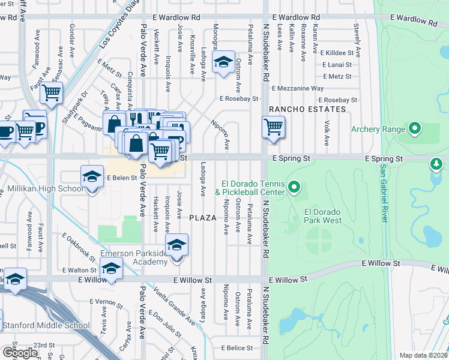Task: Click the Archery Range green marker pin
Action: (414, 128)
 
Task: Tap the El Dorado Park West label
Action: (322, 216)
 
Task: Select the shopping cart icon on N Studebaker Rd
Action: (273, 127)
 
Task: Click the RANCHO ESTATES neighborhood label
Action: (307, 109)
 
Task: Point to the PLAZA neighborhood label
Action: (203, 217)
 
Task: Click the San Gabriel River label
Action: (383, 193)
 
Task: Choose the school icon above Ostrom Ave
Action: (223, 63)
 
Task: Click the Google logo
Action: (20, 352)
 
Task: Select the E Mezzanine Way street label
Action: (297, 88)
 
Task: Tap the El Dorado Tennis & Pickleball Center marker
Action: (294, 188)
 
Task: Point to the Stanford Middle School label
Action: (46, 326)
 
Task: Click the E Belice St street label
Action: (240, 347)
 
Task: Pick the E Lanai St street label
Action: (340, 65)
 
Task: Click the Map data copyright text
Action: (424, 355)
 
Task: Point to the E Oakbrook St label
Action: (78, 248)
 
